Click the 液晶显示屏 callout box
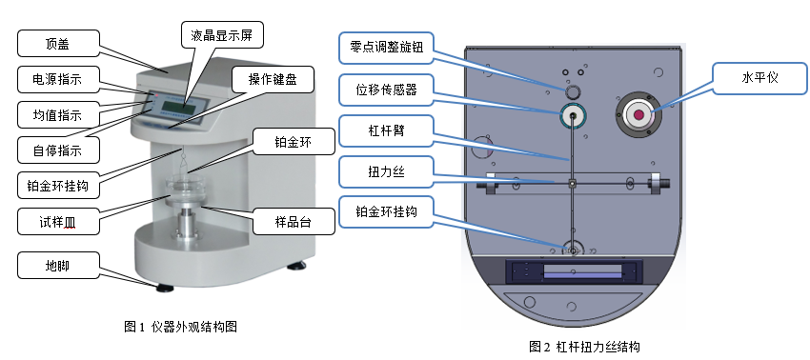(x=221, y=34)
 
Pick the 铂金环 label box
(x=292, y=142)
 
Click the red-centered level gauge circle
(x=638, y=115)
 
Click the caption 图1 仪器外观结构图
(x=181, y=327)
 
